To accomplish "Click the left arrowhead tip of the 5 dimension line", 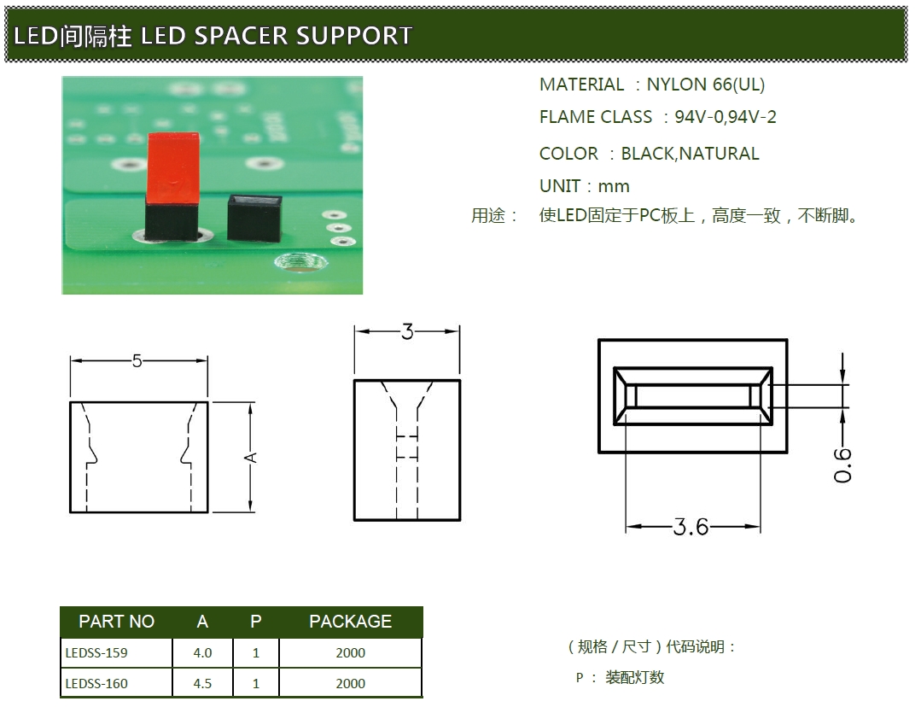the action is tap(71, 361).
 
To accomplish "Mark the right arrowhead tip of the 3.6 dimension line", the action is tap(761, 527).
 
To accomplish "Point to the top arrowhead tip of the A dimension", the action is tap(251, 403).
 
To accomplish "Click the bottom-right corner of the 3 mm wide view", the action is tap(460, 520).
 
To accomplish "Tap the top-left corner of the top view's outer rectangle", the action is tap(598, 340).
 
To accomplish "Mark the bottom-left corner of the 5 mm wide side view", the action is tap(71, 512).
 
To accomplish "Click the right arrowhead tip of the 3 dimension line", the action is tap(459, 331).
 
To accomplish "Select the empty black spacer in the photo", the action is tap(254, 218).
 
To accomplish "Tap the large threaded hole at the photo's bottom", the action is tap(300, 262).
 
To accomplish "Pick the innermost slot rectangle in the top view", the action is tap(692, 395).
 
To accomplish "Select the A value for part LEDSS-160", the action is tap(202, 683).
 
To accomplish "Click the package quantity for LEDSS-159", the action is tap(351, 653).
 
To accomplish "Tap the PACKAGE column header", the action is tap(351, 622).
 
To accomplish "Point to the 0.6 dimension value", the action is tap(842, 465).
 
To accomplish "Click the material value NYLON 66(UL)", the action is tap(705, 85).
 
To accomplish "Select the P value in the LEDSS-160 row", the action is tap(256, 683).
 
